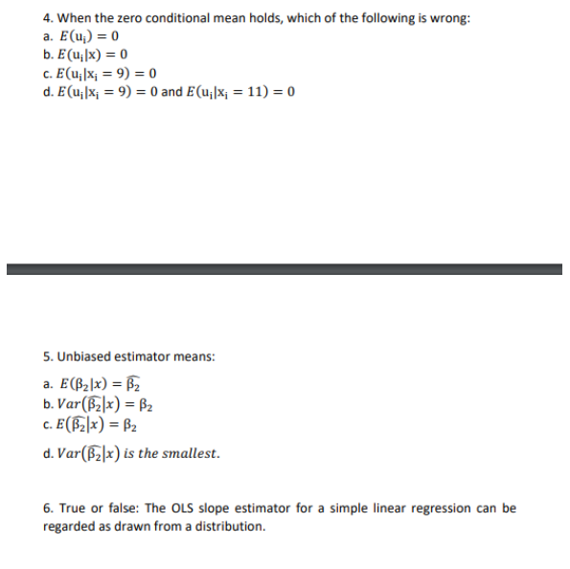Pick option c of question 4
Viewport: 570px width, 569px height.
(100, 74)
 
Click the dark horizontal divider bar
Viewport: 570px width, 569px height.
(285, 269)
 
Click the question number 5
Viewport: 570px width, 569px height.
(48, 356)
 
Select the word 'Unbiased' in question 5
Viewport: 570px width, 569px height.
(82, 356)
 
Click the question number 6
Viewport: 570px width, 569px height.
(48, 508)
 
